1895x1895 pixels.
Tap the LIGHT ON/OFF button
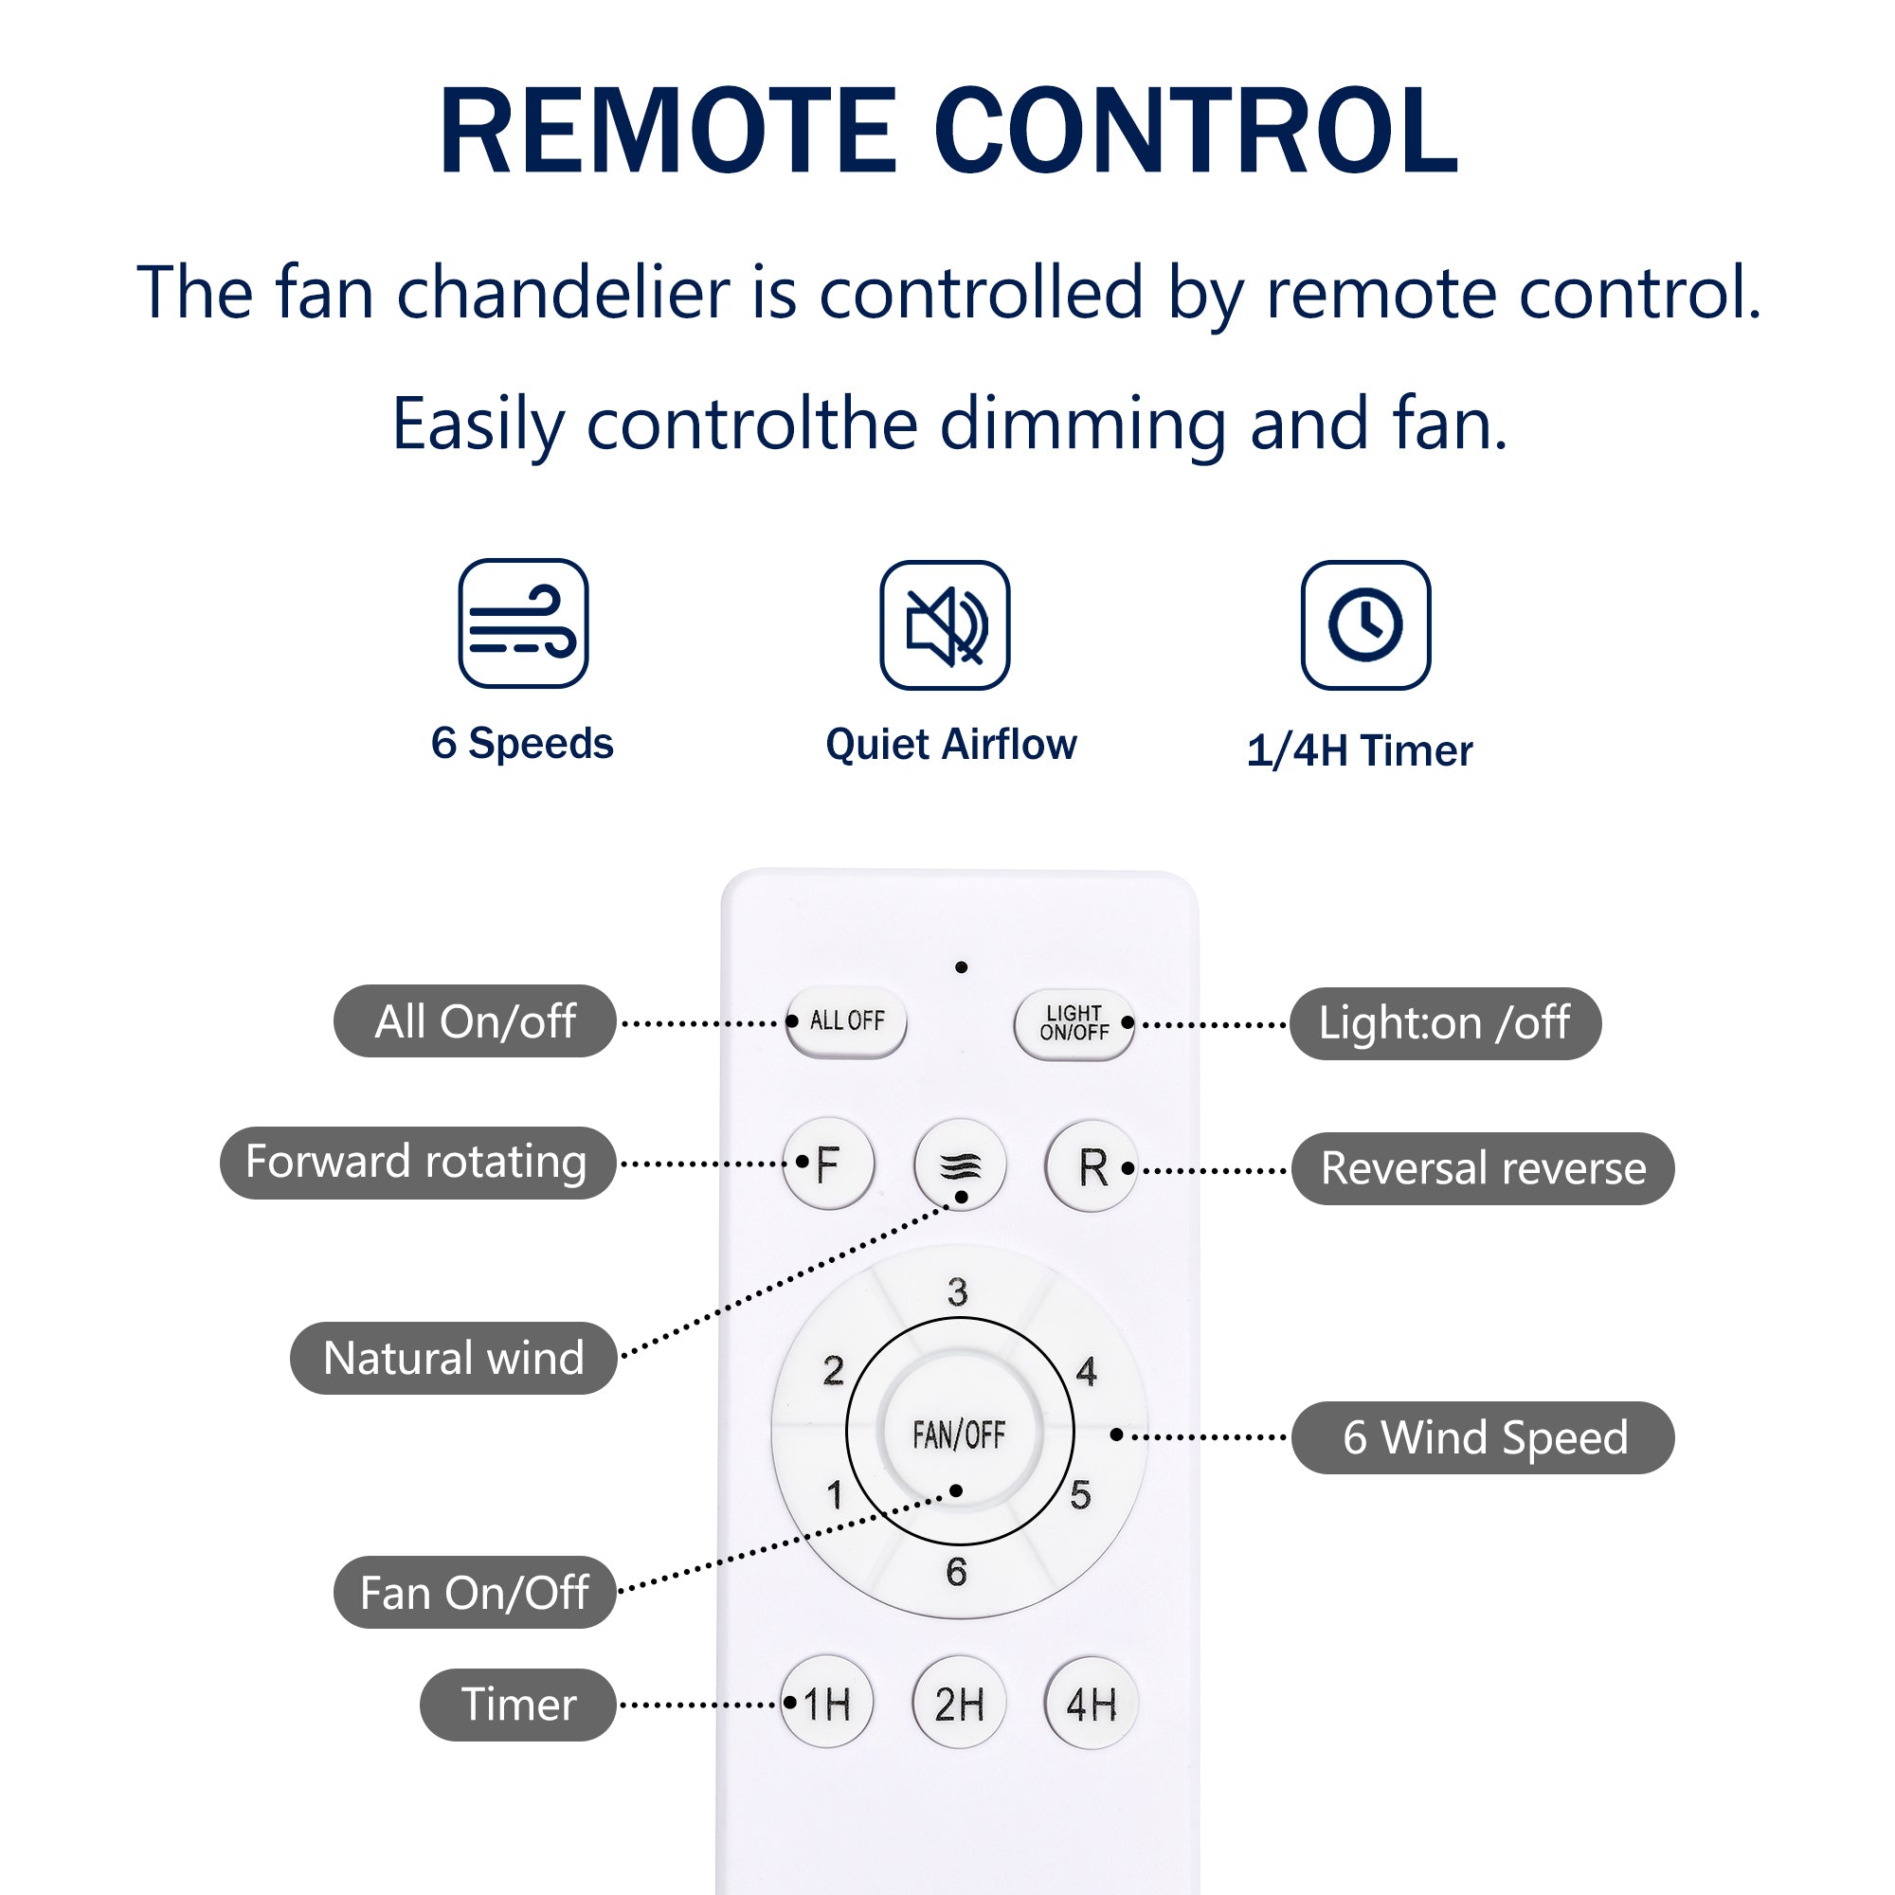tap(1074, 1023)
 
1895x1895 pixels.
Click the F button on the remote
tap(828, 1164)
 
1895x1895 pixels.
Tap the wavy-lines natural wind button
tap(959, 1165)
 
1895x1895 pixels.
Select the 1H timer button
tap(827, 1705)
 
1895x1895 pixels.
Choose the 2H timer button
tap(958, 1705)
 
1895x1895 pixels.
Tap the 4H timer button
tap(1091, 1705)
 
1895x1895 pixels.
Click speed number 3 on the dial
tap(958, 1291)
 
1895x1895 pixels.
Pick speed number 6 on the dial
tap(956, 1571)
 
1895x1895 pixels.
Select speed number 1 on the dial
tap(835, 1495)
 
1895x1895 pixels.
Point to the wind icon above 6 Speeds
tap(523, 623)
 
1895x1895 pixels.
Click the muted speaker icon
tap(945, 624)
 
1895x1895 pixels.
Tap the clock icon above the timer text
tap(1365, 624)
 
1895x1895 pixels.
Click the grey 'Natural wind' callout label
tap(453, 1359)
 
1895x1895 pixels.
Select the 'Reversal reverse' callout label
tap(1482, 1168)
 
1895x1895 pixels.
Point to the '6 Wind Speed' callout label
tap(1482, 1437)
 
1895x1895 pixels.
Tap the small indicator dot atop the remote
tap(961, 967)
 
